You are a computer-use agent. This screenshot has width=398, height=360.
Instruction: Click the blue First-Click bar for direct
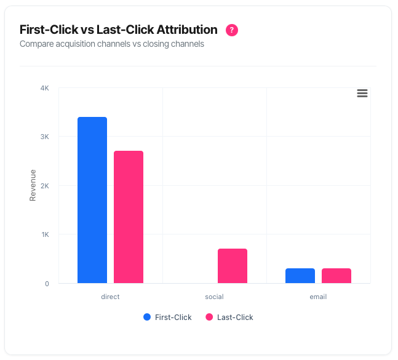(92, 200)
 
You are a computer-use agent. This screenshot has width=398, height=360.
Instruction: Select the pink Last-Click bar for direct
(129, 217)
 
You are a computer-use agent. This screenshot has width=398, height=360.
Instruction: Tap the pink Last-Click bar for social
(233, 266)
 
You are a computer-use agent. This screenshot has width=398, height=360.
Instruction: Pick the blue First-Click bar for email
(300, 276)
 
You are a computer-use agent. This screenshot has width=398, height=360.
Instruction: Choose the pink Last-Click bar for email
(336, 276)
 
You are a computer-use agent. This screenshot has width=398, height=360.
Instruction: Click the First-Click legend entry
(167, 318)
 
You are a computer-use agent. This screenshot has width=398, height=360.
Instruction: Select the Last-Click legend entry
(229, 318)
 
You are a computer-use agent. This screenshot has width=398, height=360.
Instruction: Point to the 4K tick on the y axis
(45, 88)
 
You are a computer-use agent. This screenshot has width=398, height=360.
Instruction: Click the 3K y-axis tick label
(45, 137)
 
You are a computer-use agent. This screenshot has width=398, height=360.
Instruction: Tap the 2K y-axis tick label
(45, 186)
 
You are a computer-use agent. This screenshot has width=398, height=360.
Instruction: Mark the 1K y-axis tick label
(45, 234)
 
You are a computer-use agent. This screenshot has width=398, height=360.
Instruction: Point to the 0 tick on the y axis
(47, 284)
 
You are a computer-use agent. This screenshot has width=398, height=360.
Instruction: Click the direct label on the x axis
(110, 297)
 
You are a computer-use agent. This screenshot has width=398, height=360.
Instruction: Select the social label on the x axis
(214, 297)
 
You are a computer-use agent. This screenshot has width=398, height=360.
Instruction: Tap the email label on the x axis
(318, 297)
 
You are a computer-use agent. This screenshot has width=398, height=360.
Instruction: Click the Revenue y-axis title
(33, 185)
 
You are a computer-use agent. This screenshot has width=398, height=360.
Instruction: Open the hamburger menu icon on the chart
(362, 93)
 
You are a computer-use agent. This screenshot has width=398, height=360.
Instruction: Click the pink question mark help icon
(232, 30)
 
